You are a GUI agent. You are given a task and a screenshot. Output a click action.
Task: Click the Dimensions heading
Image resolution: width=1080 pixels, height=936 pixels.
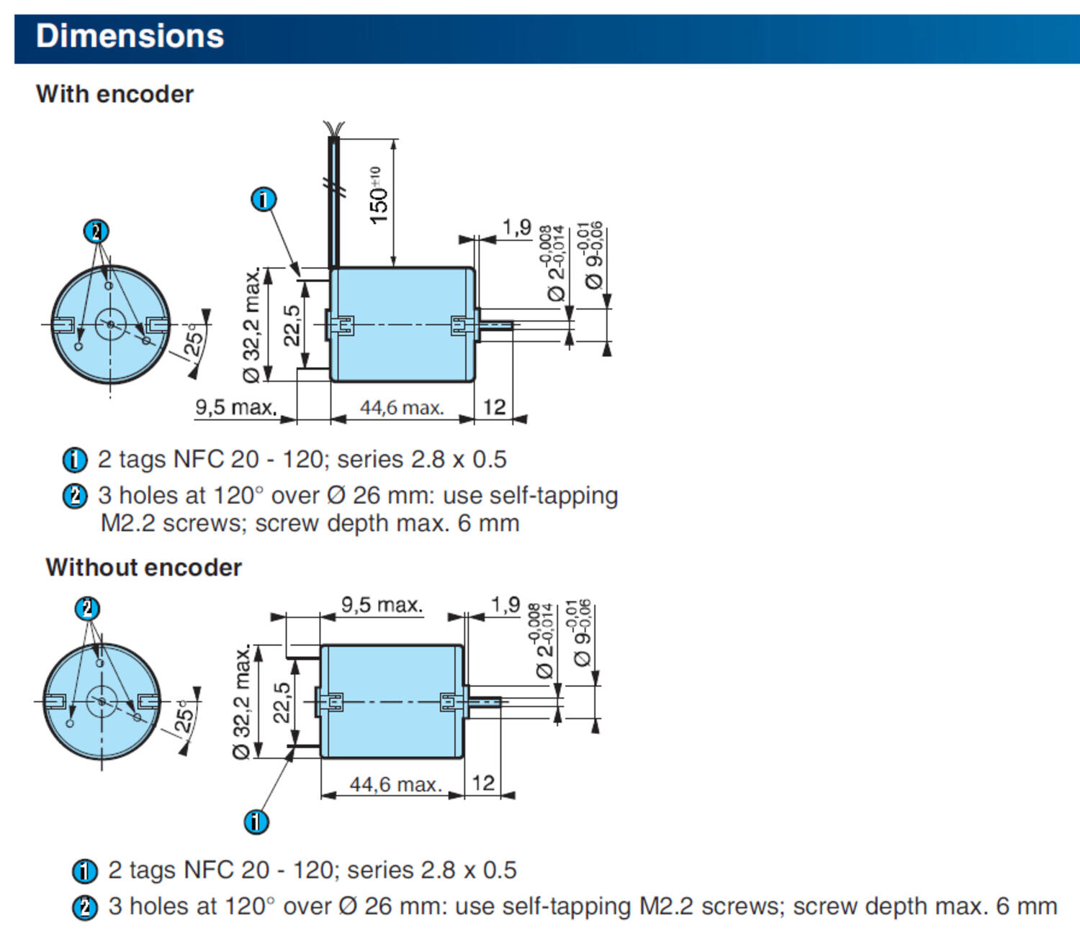(x=130, y=37)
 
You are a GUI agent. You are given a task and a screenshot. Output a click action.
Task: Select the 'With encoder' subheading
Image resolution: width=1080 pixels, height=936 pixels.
(x=114, y=94)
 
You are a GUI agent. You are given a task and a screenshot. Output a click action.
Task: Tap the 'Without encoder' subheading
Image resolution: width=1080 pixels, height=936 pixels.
(x=143, y=568)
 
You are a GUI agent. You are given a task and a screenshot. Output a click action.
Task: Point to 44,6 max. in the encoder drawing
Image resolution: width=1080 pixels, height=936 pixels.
(x=402, y=408)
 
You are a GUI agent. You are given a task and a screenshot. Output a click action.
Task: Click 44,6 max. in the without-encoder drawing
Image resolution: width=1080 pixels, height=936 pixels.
(x=395, y=785)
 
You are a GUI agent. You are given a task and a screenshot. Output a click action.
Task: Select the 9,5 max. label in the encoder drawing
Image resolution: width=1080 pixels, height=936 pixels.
(x=236, y=407)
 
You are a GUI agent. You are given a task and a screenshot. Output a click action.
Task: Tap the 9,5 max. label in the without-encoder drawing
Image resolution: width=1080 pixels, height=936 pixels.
(x=382, y=604)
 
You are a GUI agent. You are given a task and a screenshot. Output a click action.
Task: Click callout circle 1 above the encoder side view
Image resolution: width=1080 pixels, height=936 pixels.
(x=264, y=199)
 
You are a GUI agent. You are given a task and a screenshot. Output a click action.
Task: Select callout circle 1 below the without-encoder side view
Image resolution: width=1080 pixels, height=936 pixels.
(x=256, y=822)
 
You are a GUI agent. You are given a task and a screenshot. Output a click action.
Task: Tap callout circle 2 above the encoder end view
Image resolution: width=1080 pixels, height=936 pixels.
(x=96, y=232)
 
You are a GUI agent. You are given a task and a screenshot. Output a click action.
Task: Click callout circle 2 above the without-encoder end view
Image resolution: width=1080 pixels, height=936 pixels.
(x=88, y=609)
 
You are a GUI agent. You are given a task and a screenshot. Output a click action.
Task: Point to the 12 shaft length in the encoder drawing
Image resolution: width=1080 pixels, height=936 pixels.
(x=495, y=407)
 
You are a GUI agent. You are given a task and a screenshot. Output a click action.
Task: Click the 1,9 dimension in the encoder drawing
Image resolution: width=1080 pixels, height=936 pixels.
(x=516, y=227)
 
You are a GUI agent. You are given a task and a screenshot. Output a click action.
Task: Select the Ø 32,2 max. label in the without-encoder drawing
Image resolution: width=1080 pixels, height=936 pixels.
(x=243, y=701)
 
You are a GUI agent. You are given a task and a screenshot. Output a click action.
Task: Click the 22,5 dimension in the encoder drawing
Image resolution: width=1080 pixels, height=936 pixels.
(x=292, y=326)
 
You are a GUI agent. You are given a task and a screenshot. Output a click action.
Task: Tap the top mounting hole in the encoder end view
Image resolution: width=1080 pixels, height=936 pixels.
(x=109, y=286)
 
